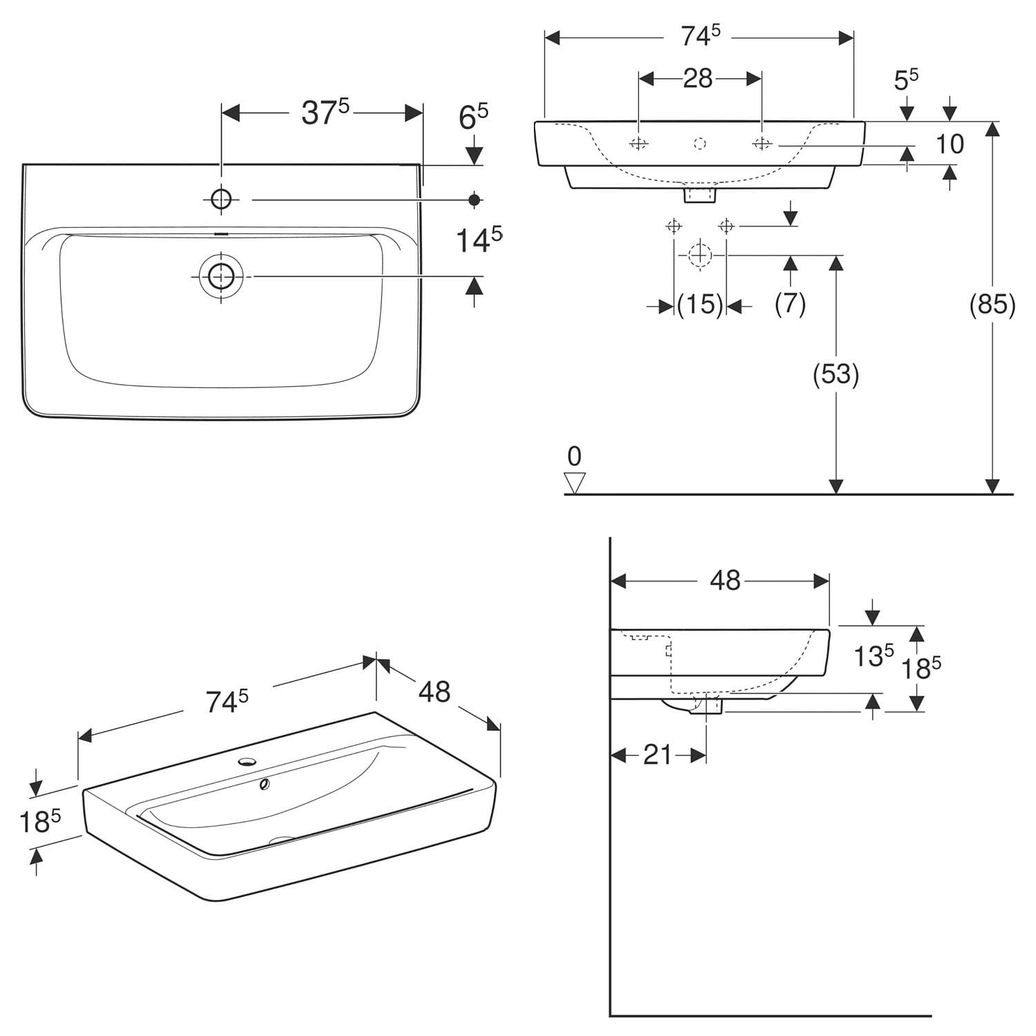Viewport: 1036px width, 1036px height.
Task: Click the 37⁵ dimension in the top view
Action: (326, 113)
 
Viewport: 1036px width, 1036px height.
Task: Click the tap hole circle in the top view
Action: (221, 200)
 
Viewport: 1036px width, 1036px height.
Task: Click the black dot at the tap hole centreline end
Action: (474, 200)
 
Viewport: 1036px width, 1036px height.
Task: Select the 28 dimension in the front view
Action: (698, 79)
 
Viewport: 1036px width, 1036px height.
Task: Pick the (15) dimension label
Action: (700, 304)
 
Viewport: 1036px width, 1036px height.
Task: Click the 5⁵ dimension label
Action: (906, 79)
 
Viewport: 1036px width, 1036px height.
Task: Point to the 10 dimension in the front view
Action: (950, 144)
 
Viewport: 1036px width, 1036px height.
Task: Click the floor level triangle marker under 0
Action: (575, 483)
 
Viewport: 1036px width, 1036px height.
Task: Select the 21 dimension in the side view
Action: (658, 755)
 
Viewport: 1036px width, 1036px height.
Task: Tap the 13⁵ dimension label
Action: (874, 656)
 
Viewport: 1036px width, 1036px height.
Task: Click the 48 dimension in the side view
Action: (725, 581)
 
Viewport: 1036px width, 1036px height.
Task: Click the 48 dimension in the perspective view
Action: (434, 691)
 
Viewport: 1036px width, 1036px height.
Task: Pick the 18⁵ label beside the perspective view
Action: (40, 822)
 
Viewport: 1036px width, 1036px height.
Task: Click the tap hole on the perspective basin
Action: (247, 762)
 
